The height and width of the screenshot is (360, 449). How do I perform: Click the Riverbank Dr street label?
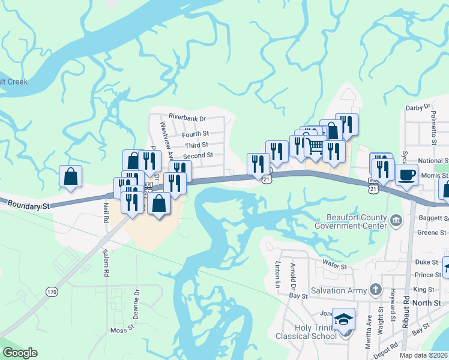point(187,118)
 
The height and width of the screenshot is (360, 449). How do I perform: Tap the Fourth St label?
point(196,134)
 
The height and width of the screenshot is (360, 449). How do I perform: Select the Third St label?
point(196,145)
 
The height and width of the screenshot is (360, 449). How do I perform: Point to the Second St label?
point(198,155)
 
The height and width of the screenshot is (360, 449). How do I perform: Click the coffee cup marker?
point(406,175)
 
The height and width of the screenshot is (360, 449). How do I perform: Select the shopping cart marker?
point(315,146)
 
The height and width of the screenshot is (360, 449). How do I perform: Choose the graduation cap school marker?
point(344,319)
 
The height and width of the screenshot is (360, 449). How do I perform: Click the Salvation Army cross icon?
point(376,290)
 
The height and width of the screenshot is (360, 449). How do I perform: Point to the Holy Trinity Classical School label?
point(306,332)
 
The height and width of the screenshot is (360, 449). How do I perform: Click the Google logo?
point(20,353)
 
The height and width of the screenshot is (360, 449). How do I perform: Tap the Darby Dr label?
point(418,107)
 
